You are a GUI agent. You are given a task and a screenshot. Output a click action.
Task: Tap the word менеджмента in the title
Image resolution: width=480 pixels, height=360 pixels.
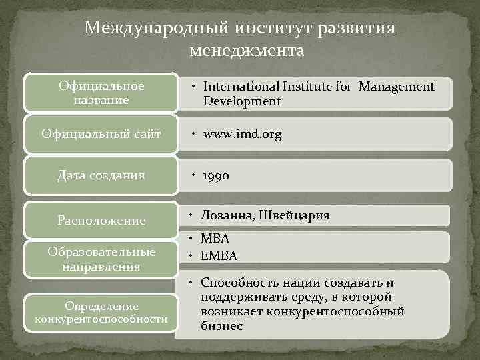coord(246,51)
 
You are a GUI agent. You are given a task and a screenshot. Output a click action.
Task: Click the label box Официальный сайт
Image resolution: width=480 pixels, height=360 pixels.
coord(101,134)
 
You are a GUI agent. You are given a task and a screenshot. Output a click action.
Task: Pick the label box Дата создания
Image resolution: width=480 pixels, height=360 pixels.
coord(101,176)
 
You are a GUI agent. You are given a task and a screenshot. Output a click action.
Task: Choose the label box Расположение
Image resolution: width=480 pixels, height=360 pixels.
coord(101,220)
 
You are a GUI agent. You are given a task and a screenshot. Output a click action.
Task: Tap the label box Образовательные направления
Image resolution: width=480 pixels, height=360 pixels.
coord(101,259)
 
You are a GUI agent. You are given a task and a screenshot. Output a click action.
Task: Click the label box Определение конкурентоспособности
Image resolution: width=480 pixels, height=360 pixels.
coord(101,312)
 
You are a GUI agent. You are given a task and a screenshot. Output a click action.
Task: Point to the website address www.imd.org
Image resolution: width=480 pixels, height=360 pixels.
coord(243,134)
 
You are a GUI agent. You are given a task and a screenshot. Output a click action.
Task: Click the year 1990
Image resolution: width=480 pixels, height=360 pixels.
coord(217,176)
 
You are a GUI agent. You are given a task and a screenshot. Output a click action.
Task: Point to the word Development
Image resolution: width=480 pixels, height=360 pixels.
coord(242,101)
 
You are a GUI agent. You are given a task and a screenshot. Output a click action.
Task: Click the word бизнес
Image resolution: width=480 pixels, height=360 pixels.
coord(222,326)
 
